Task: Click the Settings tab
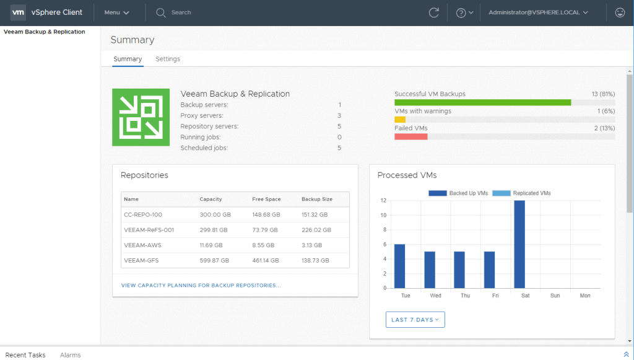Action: [x=168, y=59]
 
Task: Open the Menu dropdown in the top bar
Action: [x=116, y=12]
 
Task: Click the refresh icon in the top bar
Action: [x=434, y=12]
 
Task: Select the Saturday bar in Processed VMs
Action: [x=519, y=244]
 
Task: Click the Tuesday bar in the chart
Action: [x=399, y=266]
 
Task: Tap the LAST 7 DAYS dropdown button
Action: [x=415, y=320]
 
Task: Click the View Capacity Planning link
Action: [x=201, y=285]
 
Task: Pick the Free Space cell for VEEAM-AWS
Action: [x=263, y=245]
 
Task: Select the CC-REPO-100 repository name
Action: [x=143, y=215]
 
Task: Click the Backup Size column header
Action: [x=317, y=199]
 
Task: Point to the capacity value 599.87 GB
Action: [x=214, y=260]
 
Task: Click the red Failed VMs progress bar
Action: [x=411, y=137]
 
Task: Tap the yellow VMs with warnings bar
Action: [x=400, y=120]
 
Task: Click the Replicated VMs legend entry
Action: [x=521, y=193]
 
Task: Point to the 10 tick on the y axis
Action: [x=383, y=215]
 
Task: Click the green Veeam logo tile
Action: [x=141, y=117]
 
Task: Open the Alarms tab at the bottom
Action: [x=71, y=355]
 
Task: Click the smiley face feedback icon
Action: [x=620, y=12]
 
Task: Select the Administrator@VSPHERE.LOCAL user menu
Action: [x=538, y=12]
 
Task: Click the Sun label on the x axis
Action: [x=555, y=296]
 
